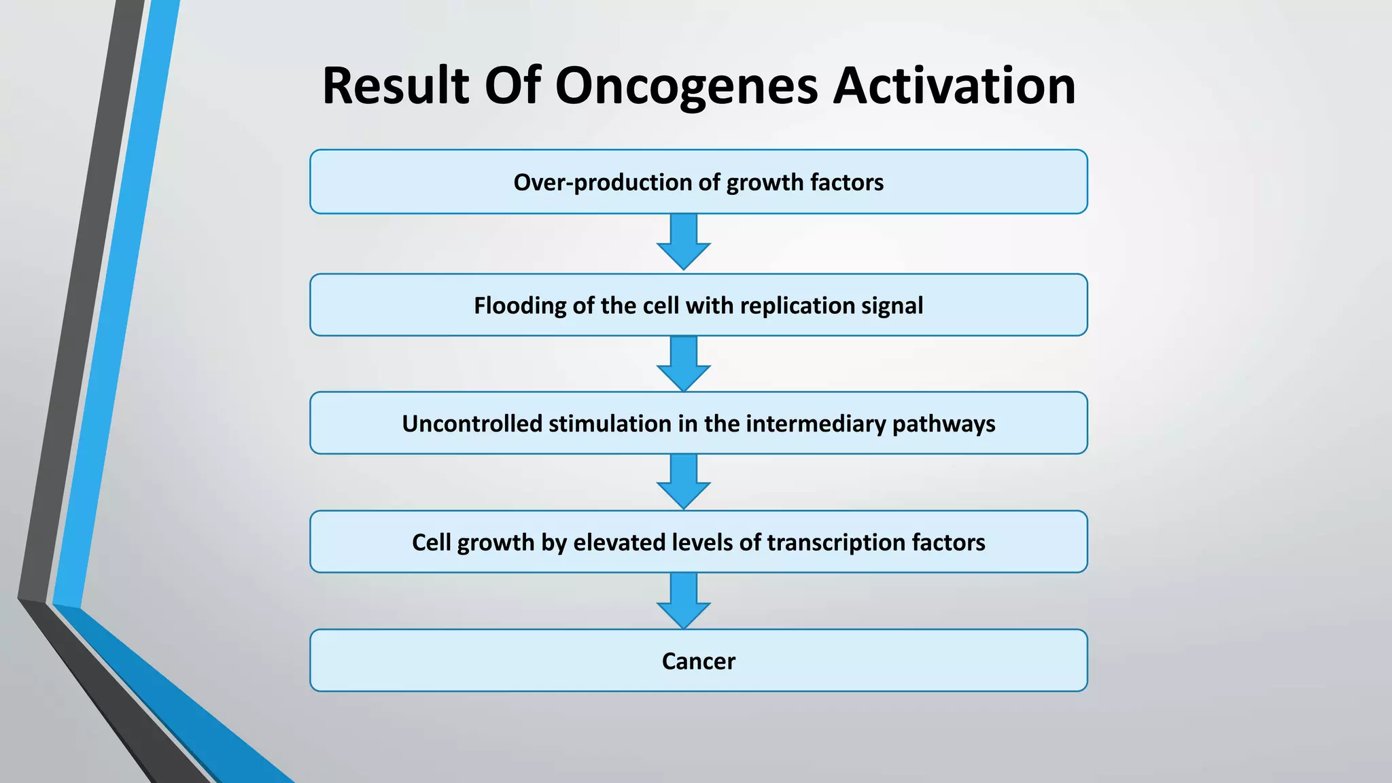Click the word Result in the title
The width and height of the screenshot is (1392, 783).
pyautogui.click(x=396, y=86)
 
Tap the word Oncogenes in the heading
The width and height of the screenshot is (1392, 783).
pyautogui.click(x=686, y=86)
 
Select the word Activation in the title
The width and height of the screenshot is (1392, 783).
pyautogui.click(x=954, y=86)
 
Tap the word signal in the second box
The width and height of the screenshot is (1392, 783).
pyautogui.click(x=892, y=306)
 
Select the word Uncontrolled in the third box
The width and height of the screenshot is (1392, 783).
pyautogui.click(x=472, y=424)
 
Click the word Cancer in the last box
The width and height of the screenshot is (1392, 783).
pyautogui.click(x=698, y=661)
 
